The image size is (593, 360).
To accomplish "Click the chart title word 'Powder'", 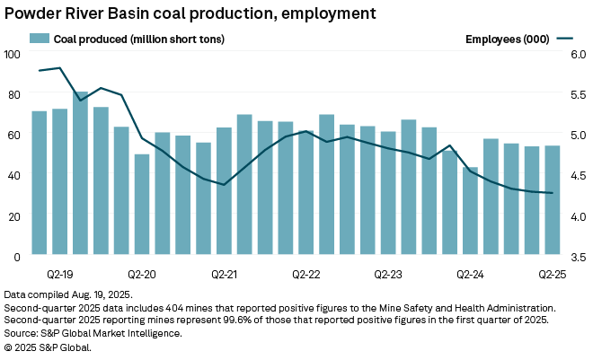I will click(x=32, y=13).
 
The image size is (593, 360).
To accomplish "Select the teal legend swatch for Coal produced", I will click(x=40, y=39).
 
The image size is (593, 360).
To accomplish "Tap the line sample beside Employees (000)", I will click(x=564, y=39).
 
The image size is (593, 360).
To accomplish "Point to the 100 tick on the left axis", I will click(x=12, y=54).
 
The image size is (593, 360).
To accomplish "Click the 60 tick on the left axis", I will click(x=14, y=135).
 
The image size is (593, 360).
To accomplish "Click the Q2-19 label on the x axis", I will click(x=59, y=270).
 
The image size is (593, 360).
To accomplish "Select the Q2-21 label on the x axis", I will click(x=224, y=270).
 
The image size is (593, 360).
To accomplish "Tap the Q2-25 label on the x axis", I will click(x=552, y=270).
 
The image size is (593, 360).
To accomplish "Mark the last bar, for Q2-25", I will click(x=553, y=200).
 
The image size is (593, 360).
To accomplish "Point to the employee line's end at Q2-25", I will click(x=553, y=193).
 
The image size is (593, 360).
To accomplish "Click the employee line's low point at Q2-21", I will click(x=224, y=184).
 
